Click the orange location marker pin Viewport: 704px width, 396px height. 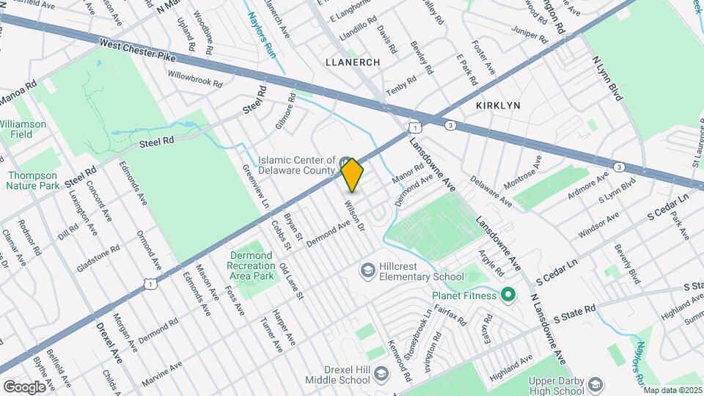pos(352,175)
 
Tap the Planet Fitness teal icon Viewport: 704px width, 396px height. pos(507,296)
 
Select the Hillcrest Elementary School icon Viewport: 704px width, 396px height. pos(368,271)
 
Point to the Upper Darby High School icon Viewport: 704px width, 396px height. pos(595,384)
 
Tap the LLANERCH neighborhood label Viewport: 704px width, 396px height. pos(352,62)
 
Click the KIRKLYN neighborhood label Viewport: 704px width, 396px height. pos(498,106)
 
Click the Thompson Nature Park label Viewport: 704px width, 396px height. pos(32,180)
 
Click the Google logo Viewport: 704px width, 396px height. pos(24,386)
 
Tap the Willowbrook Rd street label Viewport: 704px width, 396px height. pos(194,79)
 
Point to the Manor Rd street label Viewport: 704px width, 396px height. pos(408,174)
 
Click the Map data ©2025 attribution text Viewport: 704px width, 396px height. pos(672,390)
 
